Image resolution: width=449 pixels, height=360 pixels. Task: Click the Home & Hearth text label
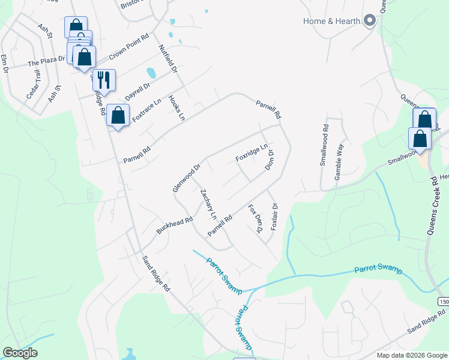click(331, 22)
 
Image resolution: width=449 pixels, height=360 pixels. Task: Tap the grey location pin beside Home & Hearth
click(370, 22)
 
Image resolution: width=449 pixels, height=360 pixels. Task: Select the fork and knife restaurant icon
click(104, 80)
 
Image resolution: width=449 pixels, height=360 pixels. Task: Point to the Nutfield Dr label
click(168, 59)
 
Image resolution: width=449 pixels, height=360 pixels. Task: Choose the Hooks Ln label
click(176, 108)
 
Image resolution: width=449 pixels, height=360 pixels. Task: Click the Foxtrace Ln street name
click(147, 110)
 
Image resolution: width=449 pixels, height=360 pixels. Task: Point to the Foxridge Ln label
click(252, 153)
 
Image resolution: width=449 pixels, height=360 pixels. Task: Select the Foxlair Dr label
click(274, 217)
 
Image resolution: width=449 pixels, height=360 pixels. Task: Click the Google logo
click(20, 353)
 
